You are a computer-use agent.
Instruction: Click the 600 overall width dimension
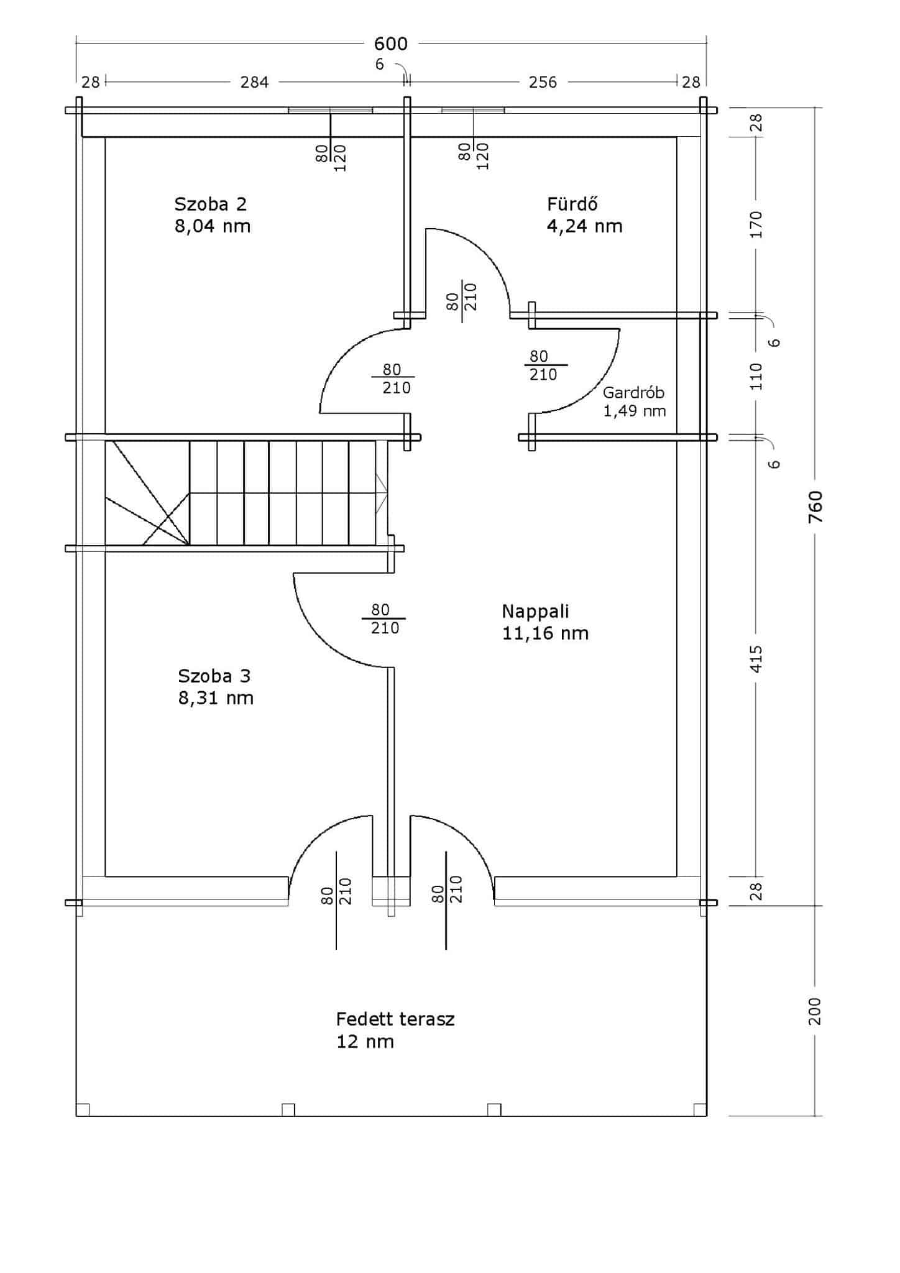point(390,44)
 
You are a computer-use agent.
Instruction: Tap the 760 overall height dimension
point(815,506)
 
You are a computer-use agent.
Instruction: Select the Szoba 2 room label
point(210,204)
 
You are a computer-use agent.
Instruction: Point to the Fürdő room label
point(572,203)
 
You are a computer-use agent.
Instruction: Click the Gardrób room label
point(633,393)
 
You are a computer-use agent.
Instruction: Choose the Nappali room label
point(535,612)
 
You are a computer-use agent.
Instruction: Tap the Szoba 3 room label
point(214,676)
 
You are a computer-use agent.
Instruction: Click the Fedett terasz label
point(395,1019)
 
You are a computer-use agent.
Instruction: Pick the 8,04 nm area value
point(213,226)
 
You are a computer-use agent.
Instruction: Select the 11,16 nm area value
point(545,633)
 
